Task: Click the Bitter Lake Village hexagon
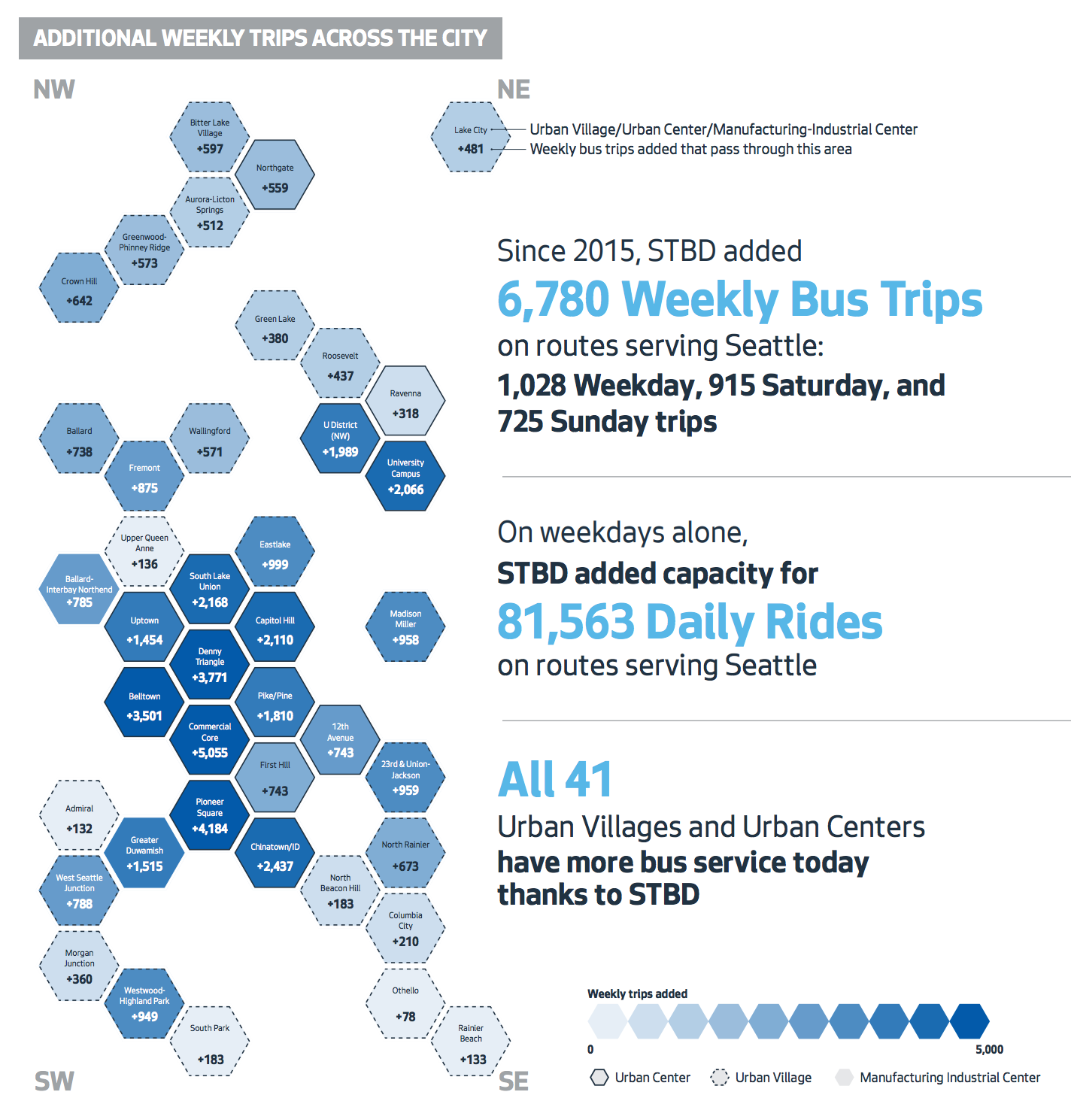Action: click(x=210, y=137)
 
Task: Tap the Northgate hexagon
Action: click(x=275, y=175)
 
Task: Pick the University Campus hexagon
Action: click(x=405, y=477)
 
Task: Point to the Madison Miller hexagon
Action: click(x=405, y=627)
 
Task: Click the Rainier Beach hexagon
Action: click(x=471, y=1042)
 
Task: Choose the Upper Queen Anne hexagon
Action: click(x=144, y=551)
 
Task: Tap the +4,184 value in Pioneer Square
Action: click(x=210, y=829)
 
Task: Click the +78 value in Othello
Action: click(x=405, y=1017)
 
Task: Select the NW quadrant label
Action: click(x=54, y=89)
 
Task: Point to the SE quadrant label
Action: click(x=514, y=1081)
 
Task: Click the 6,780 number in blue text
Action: click(x=553, y=299)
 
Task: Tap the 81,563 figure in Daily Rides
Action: click(x=566, y=623)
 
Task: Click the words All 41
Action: click(x=555, y=779)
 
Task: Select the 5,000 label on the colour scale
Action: click(x=989, y=1050)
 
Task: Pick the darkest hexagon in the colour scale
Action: click(x=969, y=1021)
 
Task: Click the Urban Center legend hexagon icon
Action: click(x=599, y=1078)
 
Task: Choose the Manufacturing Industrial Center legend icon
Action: click(x=845, y=1078)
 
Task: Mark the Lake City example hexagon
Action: click(x=471, y=138)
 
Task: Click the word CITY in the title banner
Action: click(x=464, y=38)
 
